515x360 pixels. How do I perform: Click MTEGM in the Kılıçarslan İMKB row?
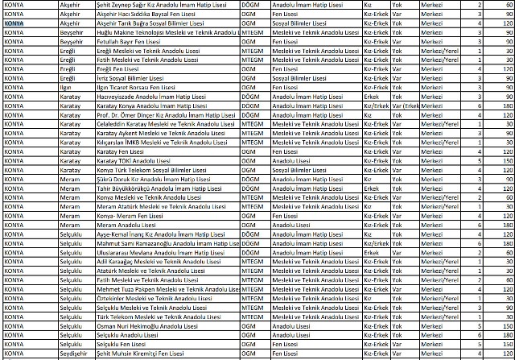coord(253,142)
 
